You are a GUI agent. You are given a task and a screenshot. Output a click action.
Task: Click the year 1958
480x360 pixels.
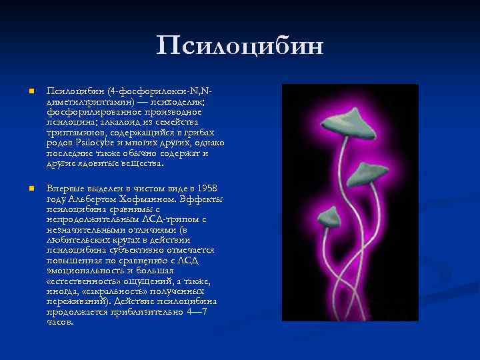pos(205,189)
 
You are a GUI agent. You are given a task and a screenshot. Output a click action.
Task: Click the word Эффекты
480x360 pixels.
pos(202,199)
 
